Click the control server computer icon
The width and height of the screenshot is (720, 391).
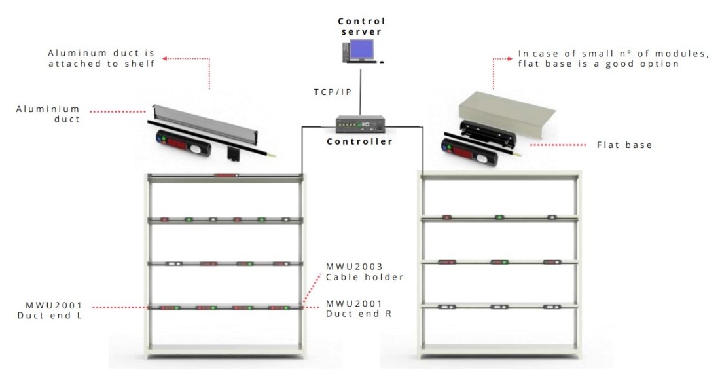(x=361, y=52)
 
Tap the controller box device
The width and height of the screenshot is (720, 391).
(x=360, y=124)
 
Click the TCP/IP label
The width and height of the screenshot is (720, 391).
(x=333, y=92)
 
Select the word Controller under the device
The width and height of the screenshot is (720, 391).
(x=359, y=141)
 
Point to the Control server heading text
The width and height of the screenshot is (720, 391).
(x=361, y=26)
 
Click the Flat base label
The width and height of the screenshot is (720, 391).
(x=624, y=145)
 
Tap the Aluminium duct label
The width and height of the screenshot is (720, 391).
(x=48, y=114)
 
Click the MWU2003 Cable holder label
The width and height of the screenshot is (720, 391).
(x=365, y=272)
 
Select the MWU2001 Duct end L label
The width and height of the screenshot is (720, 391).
(x=50, y=310)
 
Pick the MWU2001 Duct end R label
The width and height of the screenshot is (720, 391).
(x=359, y=308)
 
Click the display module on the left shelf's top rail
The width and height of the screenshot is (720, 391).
(x=226, y=175)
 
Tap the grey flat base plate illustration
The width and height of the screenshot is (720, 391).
(x=507, y=115)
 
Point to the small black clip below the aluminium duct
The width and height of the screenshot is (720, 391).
(x=233, y=153)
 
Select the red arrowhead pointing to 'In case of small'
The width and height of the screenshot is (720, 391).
(x=510, y=59)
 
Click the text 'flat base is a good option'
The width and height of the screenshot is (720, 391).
(x=598, y=64)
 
